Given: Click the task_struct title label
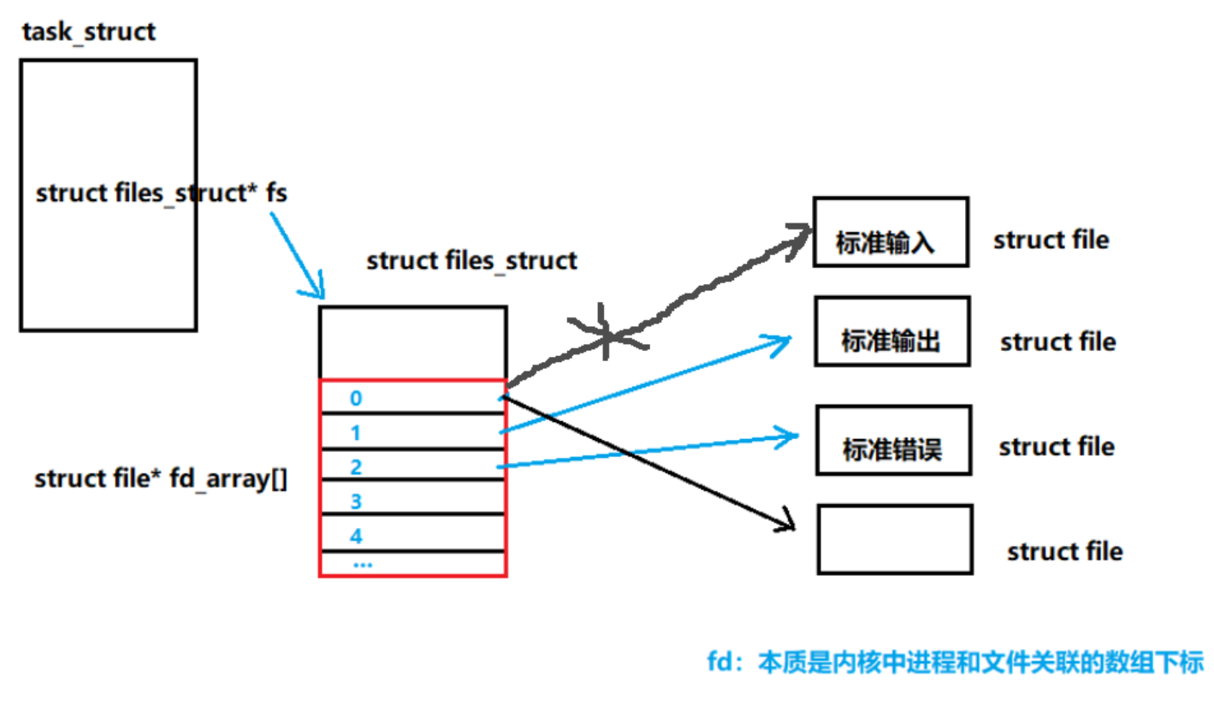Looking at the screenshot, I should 89,33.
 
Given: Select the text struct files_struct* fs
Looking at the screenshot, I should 162,194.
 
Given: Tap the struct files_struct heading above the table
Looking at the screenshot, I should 471,260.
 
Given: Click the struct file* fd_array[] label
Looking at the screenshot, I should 161,479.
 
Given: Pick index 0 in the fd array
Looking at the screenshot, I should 357,399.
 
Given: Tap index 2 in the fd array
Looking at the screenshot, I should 356,467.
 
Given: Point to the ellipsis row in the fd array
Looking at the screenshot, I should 362,565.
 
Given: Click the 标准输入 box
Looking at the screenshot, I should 890,233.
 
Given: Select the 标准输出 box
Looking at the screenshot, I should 891,332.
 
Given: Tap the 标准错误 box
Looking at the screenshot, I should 893,440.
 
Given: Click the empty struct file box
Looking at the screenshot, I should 894,539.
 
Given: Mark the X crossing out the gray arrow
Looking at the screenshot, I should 608,331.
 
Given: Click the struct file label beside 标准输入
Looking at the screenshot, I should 1051,240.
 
